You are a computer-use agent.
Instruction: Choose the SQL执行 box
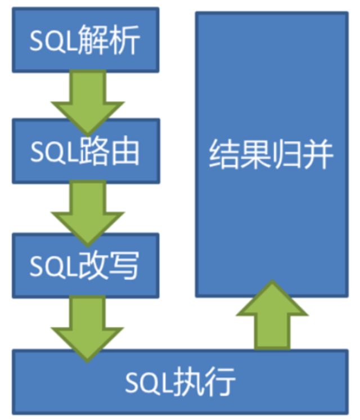[179, 383]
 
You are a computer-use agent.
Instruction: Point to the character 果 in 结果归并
[255, 153]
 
